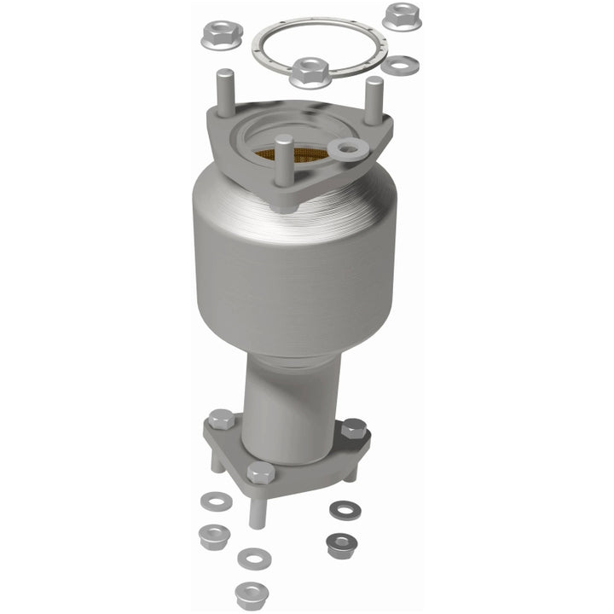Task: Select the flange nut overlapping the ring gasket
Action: (x=310, y=71)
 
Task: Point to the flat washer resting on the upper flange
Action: (x=349, y=148)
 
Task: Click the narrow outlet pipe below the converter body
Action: (x=290, y=401)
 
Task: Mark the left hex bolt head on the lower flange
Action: (x=220, y=420)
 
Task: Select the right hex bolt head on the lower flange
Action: (x=353, y=429)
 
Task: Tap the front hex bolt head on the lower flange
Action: (x=260, y=472)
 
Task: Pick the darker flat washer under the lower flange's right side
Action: (x=345, y=510)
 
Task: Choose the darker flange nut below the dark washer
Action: (x=340, y=543)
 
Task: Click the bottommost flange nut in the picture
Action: (x=251, y=592)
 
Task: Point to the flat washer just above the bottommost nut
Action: (x=254, y=559)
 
